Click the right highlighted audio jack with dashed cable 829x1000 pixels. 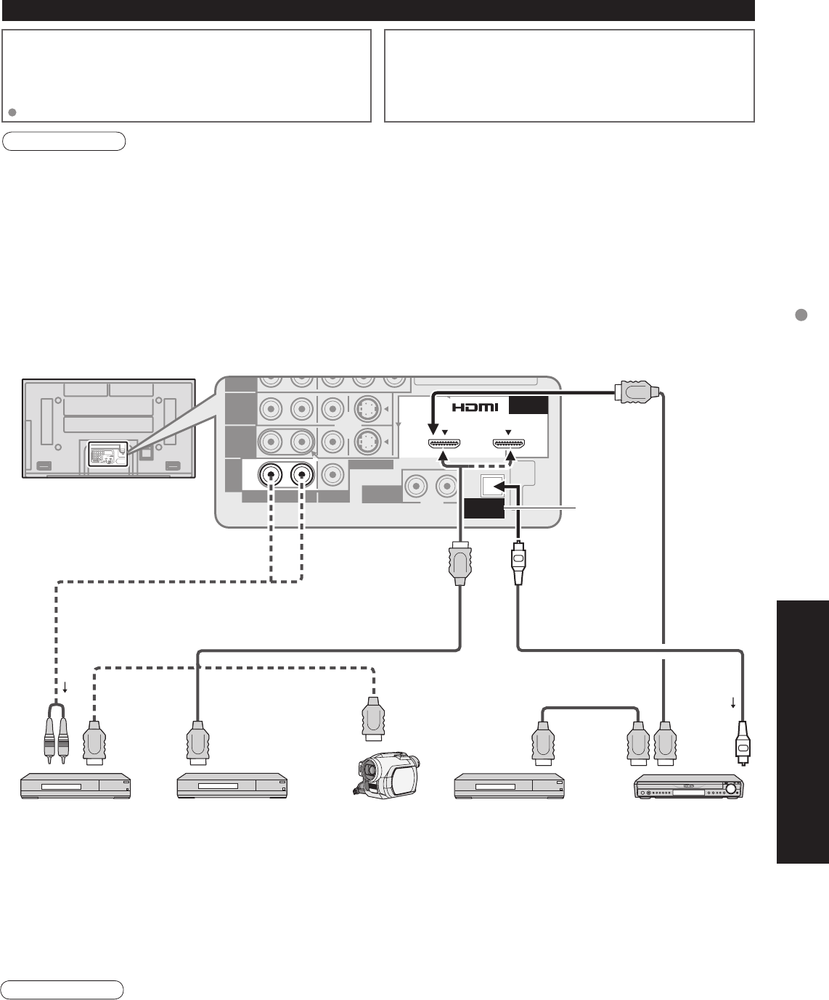(301, 476)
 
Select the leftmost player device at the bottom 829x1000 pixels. (75, 786)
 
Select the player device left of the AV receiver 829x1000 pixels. (509, 786)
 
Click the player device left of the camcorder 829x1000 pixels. (233, 786)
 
